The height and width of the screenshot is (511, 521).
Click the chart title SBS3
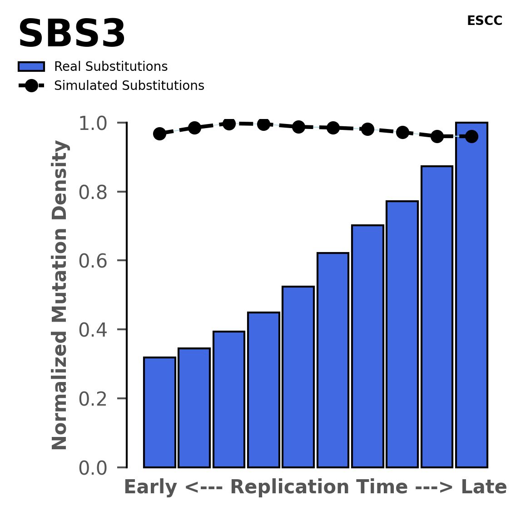(x=72, y=35)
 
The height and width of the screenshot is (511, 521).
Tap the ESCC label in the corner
(x=484, y=21)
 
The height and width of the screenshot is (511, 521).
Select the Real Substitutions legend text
(x=111, y=67)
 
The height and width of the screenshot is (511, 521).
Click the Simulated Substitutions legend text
(x=129, y=86)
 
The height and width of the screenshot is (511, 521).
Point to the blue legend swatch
(x=31, y=67)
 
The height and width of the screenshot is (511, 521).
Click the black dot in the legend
(x=31, y=86)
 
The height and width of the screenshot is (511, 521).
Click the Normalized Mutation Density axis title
(x=60, y=295)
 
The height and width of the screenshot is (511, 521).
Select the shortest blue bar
(x=159, y=412)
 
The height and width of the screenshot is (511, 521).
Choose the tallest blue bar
(x=471, y=295)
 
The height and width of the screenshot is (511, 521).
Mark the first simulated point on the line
(x=159, y=134)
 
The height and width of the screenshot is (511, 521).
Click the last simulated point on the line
(x=471, y=136)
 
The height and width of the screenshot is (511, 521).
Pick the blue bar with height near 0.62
(x=333, y=360)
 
